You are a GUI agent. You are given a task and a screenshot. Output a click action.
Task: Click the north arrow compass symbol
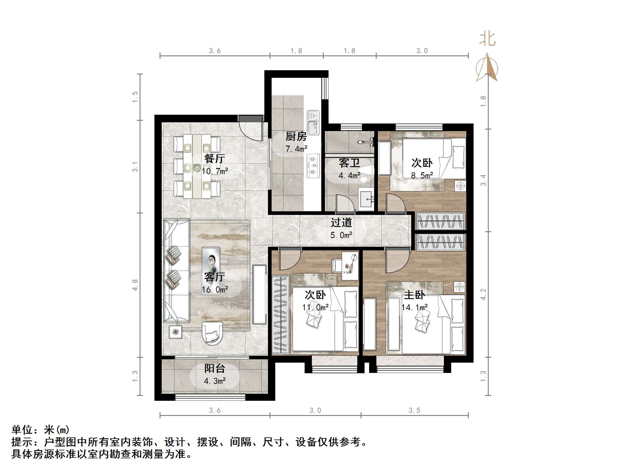click(487, 68)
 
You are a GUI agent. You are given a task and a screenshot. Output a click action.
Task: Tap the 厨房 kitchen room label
click(296, 137)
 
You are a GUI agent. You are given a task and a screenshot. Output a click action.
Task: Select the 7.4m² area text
click(296, 149)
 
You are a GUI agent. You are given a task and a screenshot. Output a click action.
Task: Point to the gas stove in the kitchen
click(313, 166)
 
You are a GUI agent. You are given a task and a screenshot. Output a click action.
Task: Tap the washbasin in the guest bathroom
click(367, 199)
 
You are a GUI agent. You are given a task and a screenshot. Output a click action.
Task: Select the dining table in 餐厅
click(197, 166)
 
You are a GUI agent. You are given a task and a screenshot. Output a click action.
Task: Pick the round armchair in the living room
click(212, 333)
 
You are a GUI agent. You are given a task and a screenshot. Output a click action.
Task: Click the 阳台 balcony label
click(215, 368)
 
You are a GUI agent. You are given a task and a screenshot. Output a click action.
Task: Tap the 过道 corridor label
click(341, 223)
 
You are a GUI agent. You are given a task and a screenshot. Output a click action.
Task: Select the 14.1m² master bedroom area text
click(415, 308)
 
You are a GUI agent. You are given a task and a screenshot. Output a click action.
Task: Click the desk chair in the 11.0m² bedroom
click(337, 265)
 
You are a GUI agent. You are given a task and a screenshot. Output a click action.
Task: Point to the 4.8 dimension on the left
click(135, 285)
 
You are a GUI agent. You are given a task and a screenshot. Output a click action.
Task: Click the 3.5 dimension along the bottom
click(414, 410)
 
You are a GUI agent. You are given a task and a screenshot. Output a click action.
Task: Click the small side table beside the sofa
click(175, 332)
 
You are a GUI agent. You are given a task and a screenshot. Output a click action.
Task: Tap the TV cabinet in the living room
click(259, 295)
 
